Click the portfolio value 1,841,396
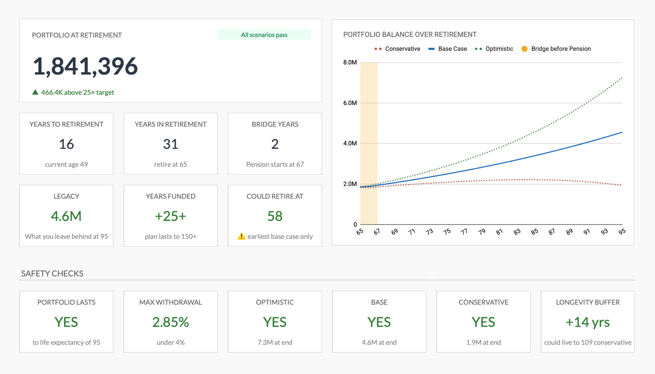coord(85,66)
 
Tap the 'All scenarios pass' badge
coord(264,35)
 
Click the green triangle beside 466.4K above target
coord(35,92)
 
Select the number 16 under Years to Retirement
coord(66,144)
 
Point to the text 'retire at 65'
coord(171,164)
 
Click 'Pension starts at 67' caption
coord(275,164)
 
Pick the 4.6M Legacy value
coord(66,216)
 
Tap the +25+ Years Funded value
coord(171,216)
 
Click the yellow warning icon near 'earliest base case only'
coord(241,236)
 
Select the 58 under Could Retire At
coord(275,216)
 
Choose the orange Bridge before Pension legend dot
coord(524,49)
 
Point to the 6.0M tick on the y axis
coord(350,103)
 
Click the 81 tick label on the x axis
coord(499,232)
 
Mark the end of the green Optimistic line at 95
coord(622,78)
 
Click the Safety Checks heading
coord(52,273)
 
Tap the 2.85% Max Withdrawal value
coord(171,322)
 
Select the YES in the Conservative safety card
coord(483,322)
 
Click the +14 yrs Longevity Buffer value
coord(588,322)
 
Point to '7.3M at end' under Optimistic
coord(275,342)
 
